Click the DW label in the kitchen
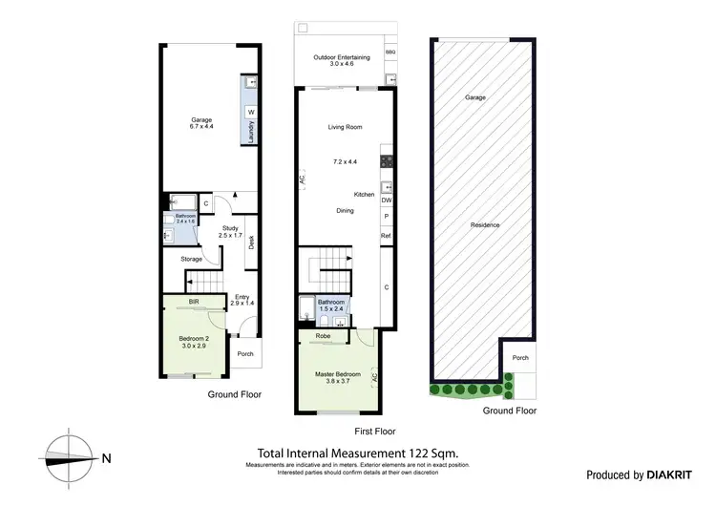click(x=387, y=200)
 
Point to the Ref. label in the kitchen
click(x=387, y=235)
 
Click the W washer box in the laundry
click(x=251, y=112)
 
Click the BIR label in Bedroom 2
click(x=194, y=302)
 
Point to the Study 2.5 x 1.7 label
click(x=230, y=231)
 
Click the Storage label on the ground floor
click(x=192, y=259)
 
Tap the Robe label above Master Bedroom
click(x=323, y=336)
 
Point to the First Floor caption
click(x=341, y=432)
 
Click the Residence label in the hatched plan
click(x=485, y=225)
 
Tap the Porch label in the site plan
click(x=520, y=358)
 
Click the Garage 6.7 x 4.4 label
click(x=200, y=123)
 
